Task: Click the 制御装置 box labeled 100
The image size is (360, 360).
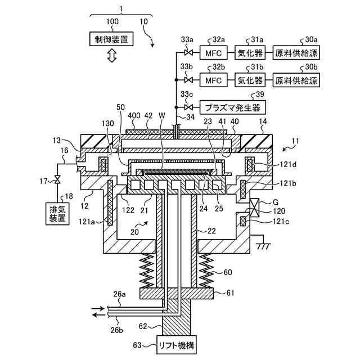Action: click(x=111, y=39)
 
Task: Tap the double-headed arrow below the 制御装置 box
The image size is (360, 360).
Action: click(x=112, y=56)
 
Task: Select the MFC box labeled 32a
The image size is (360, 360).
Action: click(x=214, y=53)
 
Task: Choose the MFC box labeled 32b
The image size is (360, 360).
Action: click(x=214, y=80)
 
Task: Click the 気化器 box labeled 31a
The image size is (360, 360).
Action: click(x=250, y=53)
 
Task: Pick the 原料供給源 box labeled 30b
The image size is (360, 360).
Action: click(x=296, y=80)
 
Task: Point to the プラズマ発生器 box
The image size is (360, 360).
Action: click(x=233, y=107)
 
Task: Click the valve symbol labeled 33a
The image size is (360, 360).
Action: click(x=188, y=53)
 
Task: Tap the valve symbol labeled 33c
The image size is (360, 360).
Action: click(x=188, y=107)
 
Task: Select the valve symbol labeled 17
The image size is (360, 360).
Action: click(x=57, y=179)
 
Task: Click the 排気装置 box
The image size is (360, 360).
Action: click(x=57, y=213)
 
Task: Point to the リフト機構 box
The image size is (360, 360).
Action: click(x=177, y=345)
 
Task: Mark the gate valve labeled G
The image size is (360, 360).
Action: click(x=254, y=208)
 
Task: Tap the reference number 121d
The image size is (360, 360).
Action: click(x=288, y=164)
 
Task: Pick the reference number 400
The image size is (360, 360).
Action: click(x=134, y=115)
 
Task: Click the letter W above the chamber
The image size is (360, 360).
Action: click(x=161, y=115)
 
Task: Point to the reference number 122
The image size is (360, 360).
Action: click(x=128, y=210)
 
